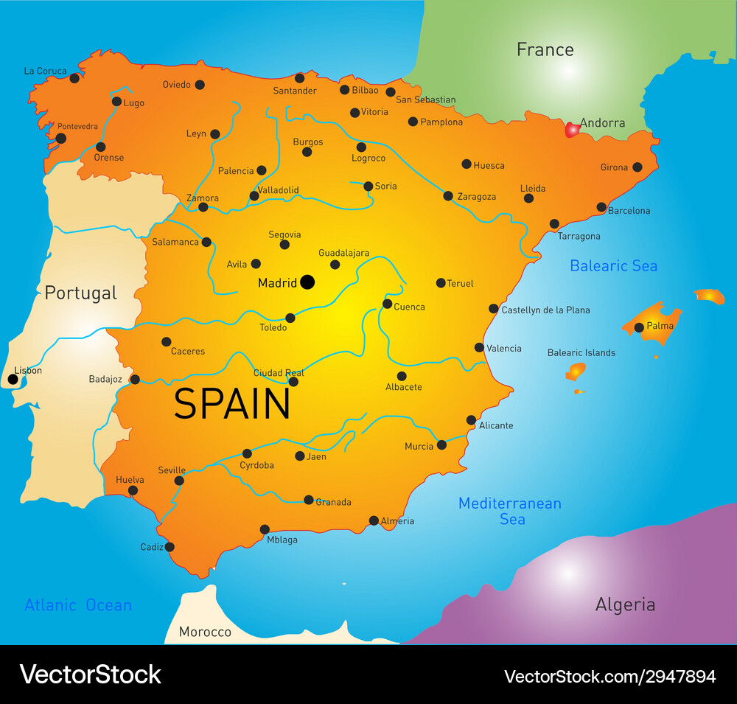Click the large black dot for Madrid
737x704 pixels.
(x=307, y=282)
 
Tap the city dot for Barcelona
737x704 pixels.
(x=601, y=207)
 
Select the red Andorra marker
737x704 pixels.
(x=571, y=130)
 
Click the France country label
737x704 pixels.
(x=545, y=49)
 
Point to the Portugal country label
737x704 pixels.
(x=80, y=293)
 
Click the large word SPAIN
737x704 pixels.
(x=232, y=404)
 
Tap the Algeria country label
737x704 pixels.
(x=625, y=605)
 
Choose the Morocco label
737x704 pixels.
(x=205, y=632)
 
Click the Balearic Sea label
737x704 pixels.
(x=613, y=265)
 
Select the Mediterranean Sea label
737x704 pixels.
(x=510, y=511)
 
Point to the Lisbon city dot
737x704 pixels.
(x=13, y=380)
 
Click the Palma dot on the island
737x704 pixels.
(x=639, y=327)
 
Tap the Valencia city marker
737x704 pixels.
(x=479, y=347)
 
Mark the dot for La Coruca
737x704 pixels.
(x=74, y=78)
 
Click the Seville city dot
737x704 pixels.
(x=179, y=481)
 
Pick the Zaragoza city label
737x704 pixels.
(x=476, y=197)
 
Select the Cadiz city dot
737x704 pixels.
(x=170, y=547)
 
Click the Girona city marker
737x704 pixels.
(x=637, y=167)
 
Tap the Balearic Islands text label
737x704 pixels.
(x=581, y=352)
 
